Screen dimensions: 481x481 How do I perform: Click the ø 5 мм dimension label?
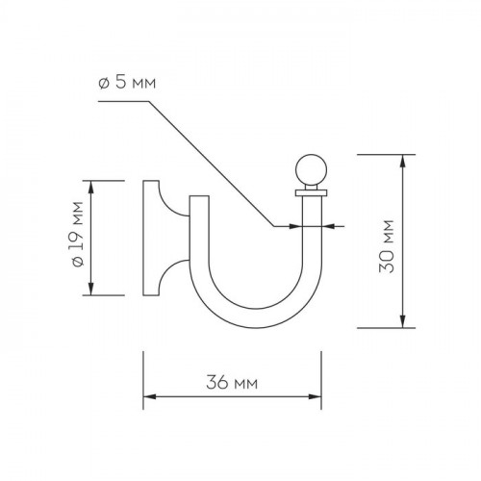click(x=127, y=83)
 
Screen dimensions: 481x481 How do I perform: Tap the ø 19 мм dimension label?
click(x=78, y=234)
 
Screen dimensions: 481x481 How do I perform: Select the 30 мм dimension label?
click(x=386, y=246)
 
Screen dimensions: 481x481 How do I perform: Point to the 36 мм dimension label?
click(x=232, y=382)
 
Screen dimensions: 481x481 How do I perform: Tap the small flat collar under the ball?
click(x=311, y=192)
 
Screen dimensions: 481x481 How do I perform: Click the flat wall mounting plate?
click(x=151, y=238)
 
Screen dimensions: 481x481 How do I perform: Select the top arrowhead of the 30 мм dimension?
click(x=403, y=161)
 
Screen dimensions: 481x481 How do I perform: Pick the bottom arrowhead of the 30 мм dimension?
click(x=403, y=321)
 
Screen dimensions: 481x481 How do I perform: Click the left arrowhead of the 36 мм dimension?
click(x=149, y=397)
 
